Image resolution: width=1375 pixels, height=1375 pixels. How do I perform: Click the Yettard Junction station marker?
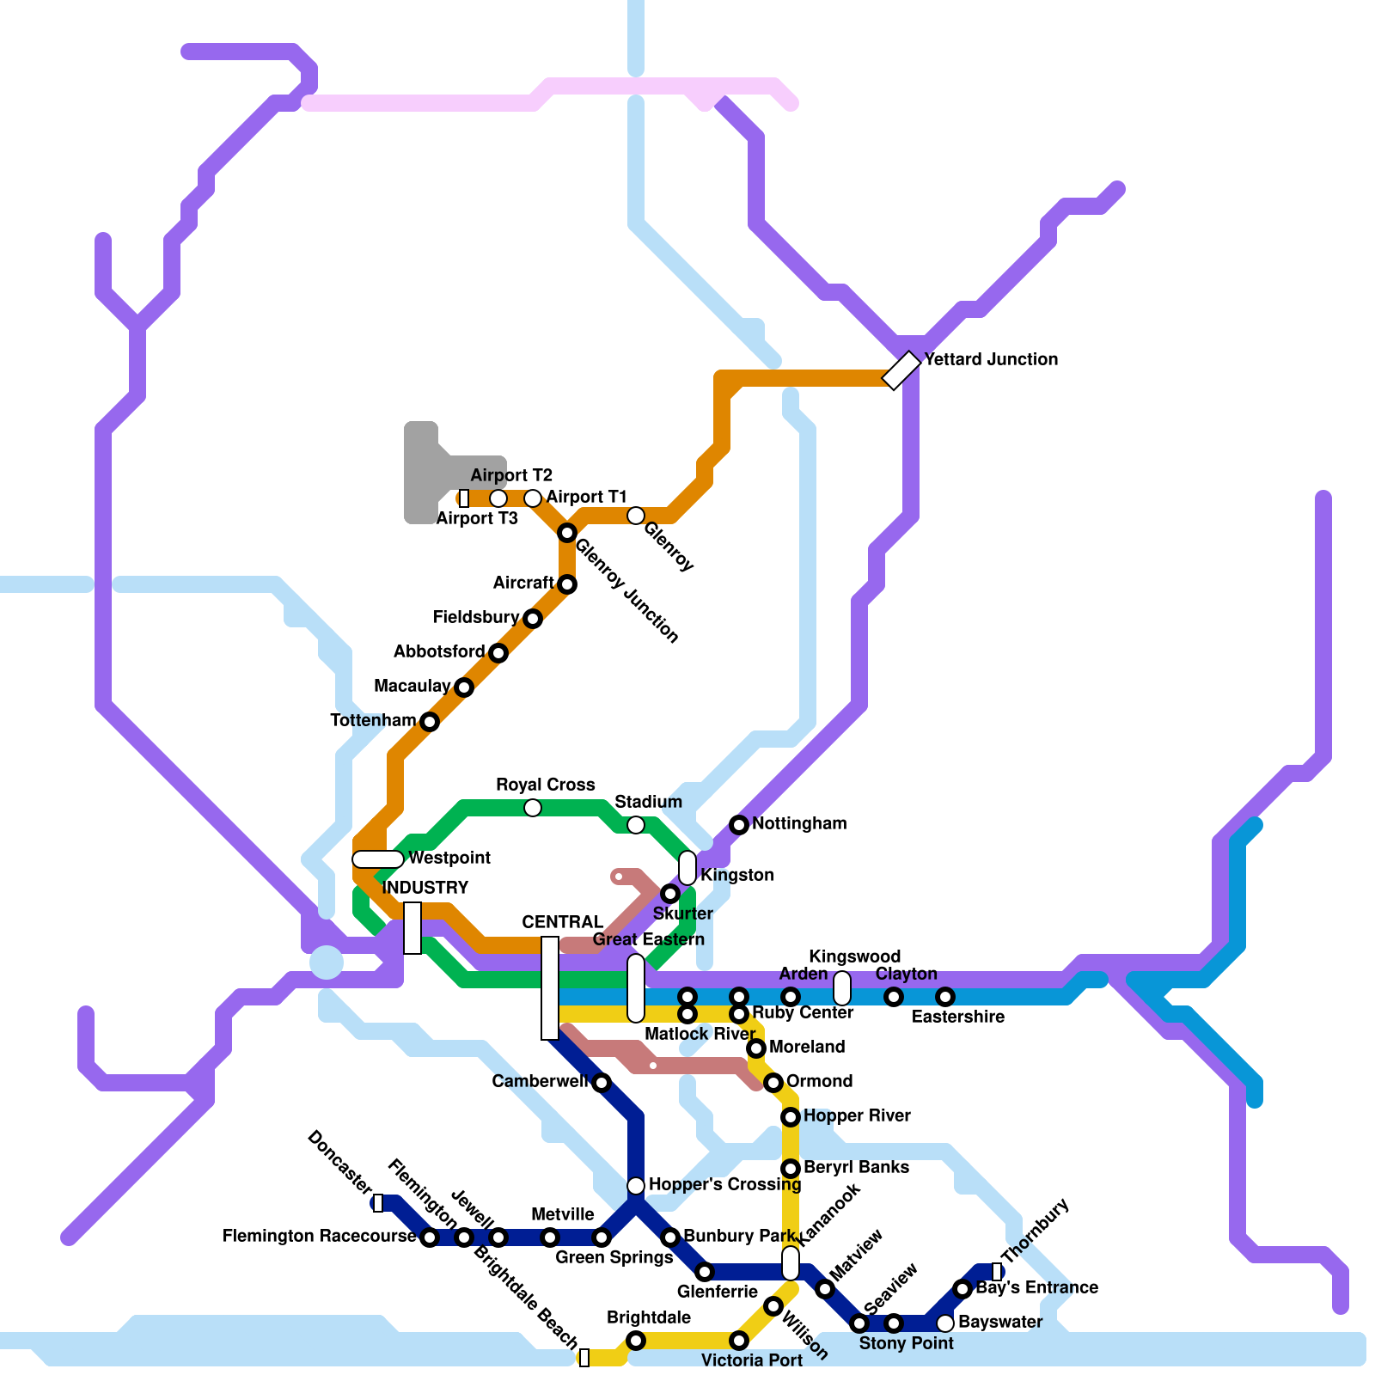[x=901, y=370]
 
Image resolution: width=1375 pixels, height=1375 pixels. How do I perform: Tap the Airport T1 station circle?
[x=533, y=498]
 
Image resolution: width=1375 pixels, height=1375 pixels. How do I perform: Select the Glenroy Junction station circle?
[x=566, y=533]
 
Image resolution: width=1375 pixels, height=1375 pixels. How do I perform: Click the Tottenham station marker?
[x=430, y=722]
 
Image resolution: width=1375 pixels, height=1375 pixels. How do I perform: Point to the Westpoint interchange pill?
[x=378, y=859]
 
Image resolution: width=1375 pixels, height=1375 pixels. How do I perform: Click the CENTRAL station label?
[x=562, y=922]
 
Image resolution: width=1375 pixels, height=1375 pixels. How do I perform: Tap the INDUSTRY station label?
[x=425, y=888]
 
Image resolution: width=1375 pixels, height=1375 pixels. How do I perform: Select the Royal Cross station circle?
[x=533, y=808]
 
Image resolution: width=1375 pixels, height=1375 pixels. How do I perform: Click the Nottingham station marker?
[x=739, y=825]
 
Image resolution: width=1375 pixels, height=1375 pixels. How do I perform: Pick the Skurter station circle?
[x=670, y=894]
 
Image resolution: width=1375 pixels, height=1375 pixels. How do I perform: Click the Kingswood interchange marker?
[x=842, y=988]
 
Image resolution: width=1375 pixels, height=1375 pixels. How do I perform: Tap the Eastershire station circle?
[x=945, y=997]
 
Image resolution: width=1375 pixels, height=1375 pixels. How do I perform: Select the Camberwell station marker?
[x=602, y=1083]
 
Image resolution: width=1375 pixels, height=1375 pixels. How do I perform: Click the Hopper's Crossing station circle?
[x=636, y=1186]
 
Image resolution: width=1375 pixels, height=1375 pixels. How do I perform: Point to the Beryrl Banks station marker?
[x=791, y=1169]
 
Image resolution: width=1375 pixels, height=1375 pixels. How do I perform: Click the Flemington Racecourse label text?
[x=319, y=1236]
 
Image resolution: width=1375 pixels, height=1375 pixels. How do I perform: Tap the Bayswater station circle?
[x=945, y=1323]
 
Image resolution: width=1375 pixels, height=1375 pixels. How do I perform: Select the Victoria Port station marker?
[x=739, y=1341]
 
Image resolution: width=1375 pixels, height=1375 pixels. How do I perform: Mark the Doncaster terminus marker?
[x=378, y=1203]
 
